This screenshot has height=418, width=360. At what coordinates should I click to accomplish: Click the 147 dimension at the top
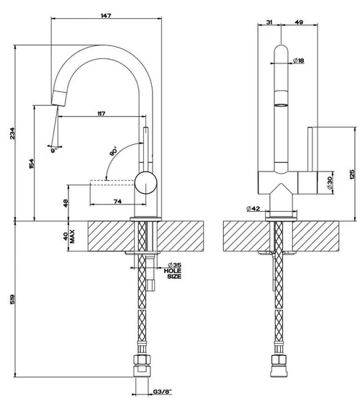pos(106,16)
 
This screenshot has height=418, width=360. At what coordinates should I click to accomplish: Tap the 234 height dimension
pos(12,133)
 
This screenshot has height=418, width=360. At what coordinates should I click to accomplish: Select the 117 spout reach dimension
pos(102,114)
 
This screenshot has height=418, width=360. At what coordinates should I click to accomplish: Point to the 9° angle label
pos(54,151)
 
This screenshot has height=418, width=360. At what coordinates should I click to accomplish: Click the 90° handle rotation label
pos(113,151)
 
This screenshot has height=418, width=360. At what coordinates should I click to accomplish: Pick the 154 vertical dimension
pos(32,164)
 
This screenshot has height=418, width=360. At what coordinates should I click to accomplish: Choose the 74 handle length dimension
pos(117,202)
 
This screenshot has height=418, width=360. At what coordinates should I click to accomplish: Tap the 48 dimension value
pos(66,203)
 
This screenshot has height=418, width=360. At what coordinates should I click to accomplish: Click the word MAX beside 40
pos(73,236)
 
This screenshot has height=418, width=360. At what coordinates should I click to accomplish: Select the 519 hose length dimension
pos(12,299)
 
